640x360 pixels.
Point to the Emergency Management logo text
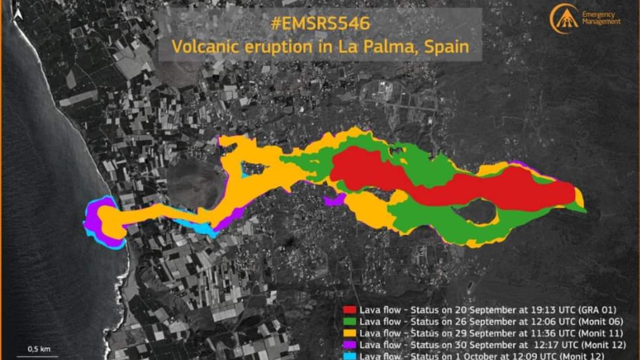(x=602, y=18)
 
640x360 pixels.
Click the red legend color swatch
(x=349, y=309)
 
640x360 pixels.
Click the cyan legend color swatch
(x=349, y=355)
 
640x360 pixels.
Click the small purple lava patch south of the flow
(x=334, y=200)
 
